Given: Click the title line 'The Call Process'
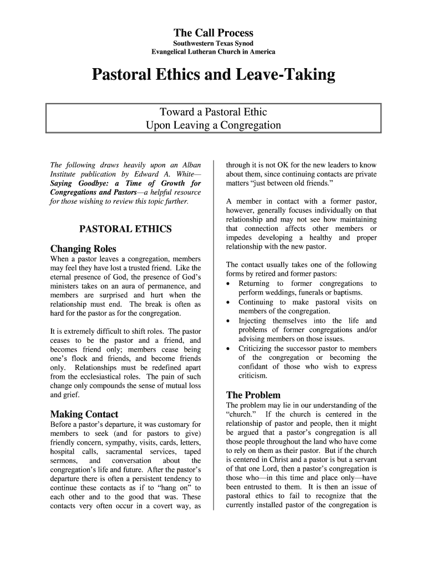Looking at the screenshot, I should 213,33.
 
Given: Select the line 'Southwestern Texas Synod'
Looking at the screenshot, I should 213,43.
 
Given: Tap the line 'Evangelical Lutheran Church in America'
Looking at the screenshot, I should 213,52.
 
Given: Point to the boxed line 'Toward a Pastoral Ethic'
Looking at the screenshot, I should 213,112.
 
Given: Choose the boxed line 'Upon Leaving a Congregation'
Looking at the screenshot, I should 213,125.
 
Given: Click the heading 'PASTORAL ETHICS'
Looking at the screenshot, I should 125,229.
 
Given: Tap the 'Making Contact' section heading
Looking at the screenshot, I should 84,414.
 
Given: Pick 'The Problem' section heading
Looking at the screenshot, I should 253,395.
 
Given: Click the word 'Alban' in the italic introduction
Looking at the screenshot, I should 189,165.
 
